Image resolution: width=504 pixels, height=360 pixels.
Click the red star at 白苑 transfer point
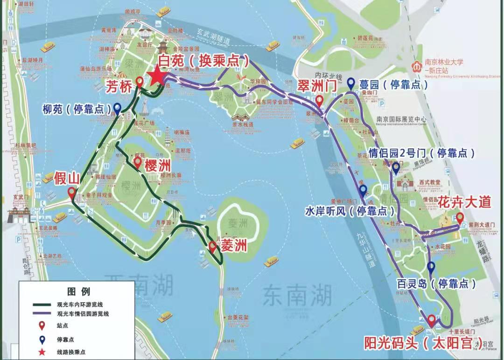(x=157, y=76)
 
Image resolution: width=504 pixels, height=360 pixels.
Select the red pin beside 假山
(x=71, y=192)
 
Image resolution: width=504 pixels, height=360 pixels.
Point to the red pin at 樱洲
(x=138, y=163)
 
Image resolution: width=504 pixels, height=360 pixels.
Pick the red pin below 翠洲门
(x=319, y=101)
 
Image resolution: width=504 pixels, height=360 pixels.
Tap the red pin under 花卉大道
(x=459, y=218)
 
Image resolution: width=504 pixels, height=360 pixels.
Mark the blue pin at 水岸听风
(x=363, y=190)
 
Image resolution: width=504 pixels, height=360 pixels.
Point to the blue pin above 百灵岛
(x=432, y=267)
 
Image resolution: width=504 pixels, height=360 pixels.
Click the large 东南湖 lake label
(x=297, y=294)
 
